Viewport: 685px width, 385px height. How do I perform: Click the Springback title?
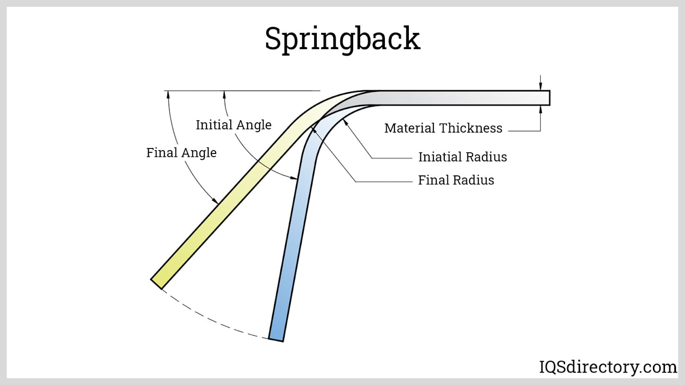point(342,39)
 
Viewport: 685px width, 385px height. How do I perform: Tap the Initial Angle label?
point(233,125)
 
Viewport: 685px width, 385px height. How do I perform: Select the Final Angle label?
point(181,153)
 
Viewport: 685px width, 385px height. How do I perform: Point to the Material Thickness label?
point(443,128)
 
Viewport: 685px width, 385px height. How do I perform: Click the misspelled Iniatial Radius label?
point(462,157)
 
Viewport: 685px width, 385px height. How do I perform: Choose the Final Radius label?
point(456,180)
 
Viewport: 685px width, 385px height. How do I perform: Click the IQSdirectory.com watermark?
point(608,367)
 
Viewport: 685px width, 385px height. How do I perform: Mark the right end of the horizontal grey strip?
point(548,98)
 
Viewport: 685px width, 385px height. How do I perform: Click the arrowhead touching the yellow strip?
point(216,201)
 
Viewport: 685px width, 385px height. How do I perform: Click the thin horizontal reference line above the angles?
point(257,91)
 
